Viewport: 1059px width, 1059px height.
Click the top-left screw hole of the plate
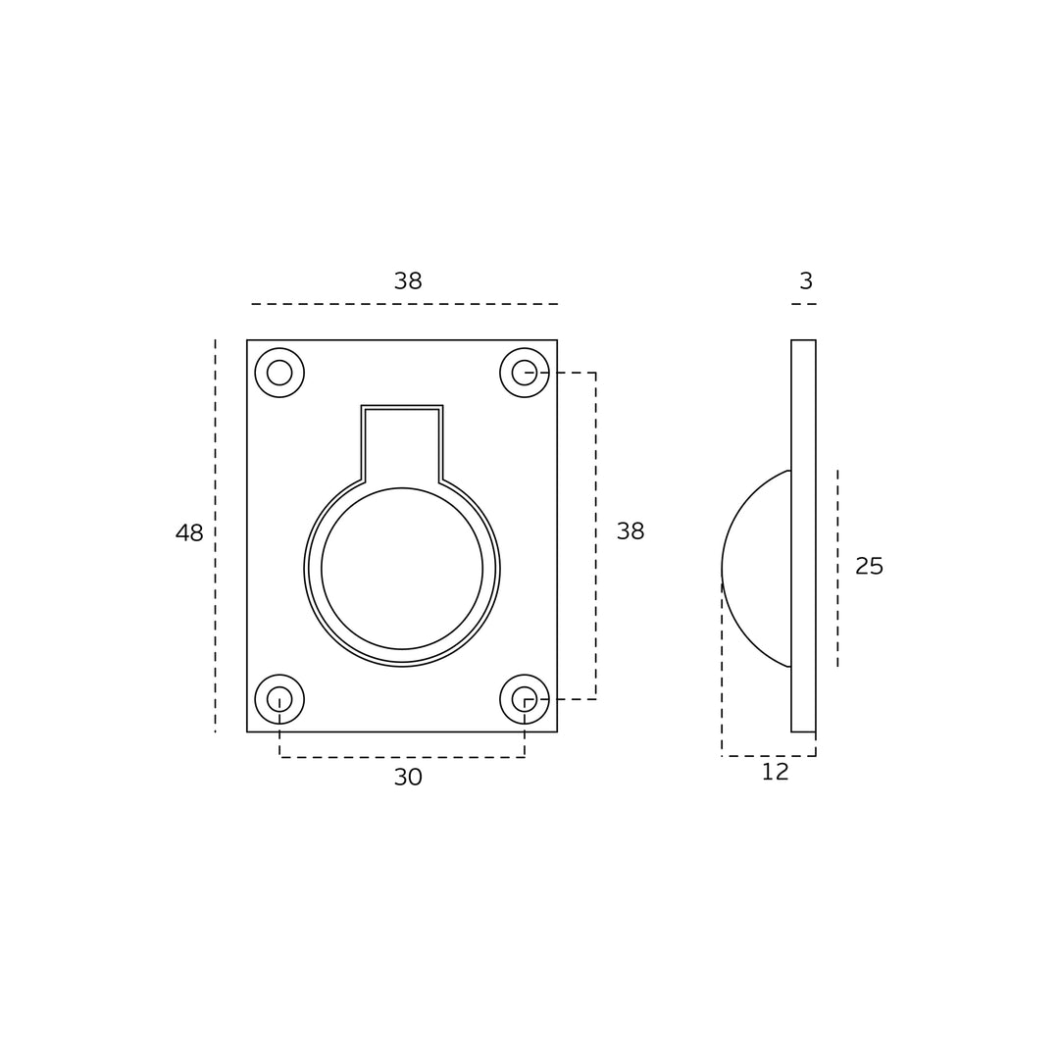coord(279,373)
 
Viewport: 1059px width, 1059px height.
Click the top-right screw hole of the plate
coord(525,373)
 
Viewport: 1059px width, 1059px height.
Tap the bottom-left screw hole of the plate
coord(279,699)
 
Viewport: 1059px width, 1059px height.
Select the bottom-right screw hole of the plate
coord(525,699)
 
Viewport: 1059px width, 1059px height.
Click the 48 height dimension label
coord(189,532)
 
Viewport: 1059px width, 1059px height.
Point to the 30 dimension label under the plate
coord(408,778)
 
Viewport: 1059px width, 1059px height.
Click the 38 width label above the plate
coord(408,281)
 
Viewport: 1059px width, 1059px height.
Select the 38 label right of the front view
coord(630,531)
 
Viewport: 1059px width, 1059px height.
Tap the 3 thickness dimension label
coord(806,281)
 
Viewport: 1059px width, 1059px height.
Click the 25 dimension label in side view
coord(869,566)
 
